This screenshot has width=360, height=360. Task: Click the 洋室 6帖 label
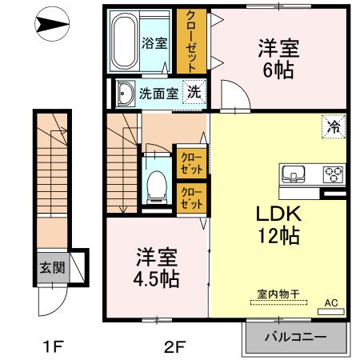pyautogui.click(x=277, y=58)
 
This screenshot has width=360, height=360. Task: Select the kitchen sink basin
pyautogui.click(x=291, y=174)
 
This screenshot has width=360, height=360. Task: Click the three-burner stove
pyautogui.click(x=332, y=174)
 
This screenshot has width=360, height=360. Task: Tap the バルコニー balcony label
pyautogui.click(x=296, y=338)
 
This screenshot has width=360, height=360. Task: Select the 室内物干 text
pyautogui.click(x=278, y=294)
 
